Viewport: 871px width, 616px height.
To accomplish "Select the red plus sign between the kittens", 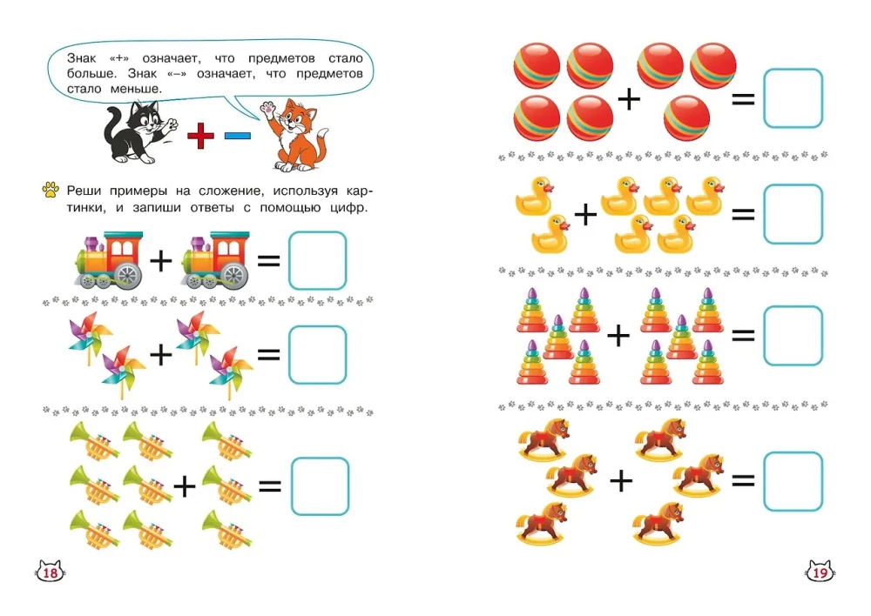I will [200, 135].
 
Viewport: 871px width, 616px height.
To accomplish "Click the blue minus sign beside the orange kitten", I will [237, 135].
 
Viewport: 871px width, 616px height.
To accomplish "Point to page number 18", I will [51, 572].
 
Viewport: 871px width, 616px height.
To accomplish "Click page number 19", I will [819, 572].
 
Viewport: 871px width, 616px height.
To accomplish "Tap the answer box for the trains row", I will [317, 259].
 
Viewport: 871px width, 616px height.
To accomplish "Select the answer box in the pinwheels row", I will [317, 354].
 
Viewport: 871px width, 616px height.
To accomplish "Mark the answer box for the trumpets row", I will [319, 486].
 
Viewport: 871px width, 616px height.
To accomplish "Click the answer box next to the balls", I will [793, 98].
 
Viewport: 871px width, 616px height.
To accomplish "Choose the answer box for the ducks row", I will [793, 214].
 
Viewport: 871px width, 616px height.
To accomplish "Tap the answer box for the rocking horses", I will [793, 481].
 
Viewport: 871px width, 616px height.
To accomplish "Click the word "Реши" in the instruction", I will [86, 190].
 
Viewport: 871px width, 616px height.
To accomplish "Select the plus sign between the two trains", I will [161, 259].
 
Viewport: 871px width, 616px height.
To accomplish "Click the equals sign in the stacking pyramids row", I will [743, 335].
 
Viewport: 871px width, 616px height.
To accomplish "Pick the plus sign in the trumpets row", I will [185, 486].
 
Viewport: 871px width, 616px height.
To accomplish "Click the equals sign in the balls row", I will [743, 98].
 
